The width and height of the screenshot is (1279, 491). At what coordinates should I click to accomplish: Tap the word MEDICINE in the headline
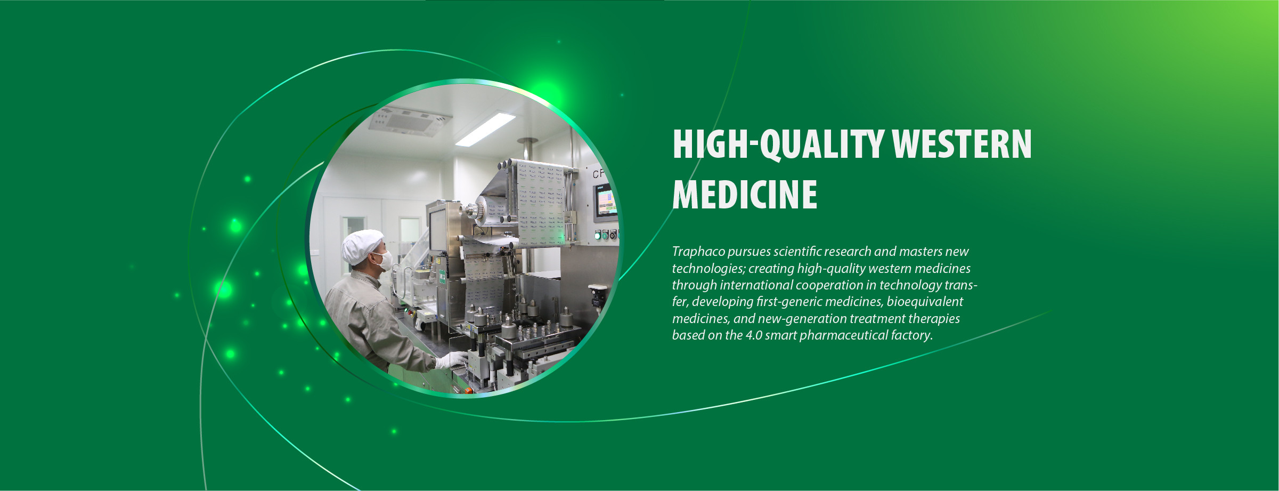(745, 195)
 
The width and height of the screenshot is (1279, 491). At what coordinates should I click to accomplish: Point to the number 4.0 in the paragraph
(754, 335)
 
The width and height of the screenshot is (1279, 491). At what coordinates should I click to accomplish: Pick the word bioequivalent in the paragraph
(925, 302)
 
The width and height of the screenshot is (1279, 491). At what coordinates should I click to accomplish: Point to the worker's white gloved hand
(451, 360)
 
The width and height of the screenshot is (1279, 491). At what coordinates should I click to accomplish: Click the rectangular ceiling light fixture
(485, 128)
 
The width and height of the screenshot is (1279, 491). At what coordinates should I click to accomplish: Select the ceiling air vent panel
(411, 122)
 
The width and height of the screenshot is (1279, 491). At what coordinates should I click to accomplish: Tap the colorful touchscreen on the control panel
(606, 202)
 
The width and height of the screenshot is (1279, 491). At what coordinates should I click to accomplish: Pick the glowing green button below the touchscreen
(598, 235)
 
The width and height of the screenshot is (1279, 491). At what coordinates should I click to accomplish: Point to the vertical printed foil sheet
(540, 203)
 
